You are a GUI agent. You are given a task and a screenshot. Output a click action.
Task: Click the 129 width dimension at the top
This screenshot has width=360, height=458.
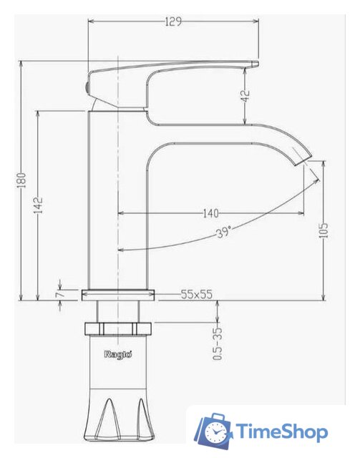tap(172, 21)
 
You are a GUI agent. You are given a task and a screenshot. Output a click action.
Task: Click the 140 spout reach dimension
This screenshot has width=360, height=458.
tap(210, 213)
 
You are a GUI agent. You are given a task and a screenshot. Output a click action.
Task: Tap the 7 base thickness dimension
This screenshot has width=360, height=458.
tap(61, 293)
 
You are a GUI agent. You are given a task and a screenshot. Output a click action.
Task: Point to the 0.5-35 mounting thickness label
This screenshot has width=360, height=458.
tap(218, 343)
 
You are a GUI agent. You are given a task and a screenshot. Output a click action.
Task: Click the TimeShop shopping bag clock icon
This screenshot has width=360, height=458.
tap(215, 431)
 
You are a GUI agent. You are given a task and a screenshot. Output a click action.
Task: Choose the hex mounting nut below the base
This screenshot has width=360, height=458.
tap(118, 329)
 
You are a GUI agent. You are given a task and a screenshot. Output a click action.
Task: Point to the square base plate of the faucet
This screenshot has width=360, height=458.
tap(118, 293)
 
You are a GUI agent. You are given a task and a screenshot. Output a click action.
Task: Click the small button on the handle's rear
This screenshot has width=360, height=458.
tap(89, 86)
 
